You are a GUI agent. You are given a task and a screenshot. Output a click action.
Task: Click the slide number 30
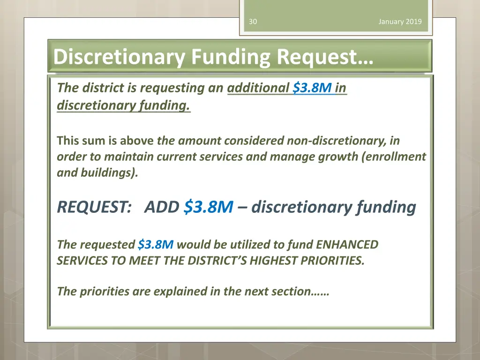tap(253, 22)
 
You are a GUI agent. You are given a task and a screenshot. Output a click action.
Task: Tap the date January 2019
tap(400, 22)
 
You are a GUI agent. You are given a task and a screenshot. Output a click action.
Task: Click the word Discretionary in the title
tap(120, 57)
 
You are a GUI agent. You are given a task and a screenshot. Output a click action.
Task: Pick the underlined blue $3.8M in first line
tap(313, 88)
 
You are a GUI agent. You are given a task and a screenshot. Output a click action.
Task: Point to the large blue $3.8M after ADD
tap(209, 207)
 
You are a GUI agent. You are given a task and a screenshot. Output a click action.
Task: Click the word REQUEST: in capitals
tap(94, 207)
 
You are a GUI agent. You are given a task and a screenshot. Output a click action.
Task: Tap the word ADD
tap(162, 207)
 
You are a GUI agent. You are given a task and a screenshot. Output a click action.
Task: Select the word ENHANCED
tap(347, 244)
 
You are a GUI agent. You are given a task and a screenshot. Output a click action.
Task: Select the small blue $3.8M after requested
tap(156, 244)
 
